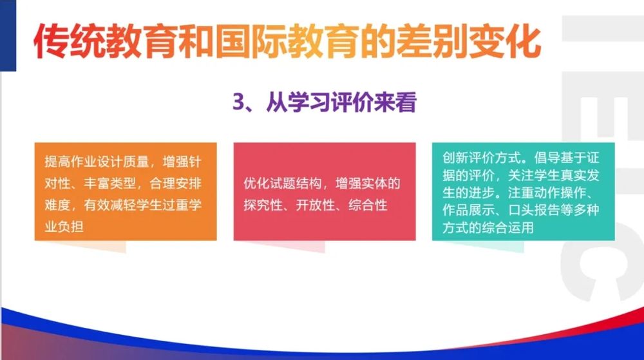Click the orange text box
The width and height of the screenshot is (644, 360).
click(126, 191)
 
